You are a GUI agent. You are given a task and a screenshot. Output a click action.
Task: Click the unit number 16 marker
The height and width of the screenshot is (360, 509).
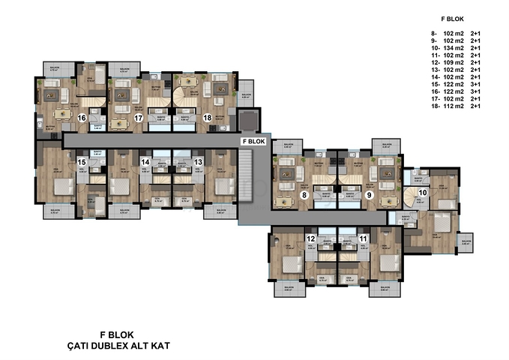(82, 118)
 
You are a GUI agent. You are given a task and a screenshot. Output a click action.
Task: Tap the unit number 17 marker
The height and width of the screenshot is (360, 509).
(138, 118)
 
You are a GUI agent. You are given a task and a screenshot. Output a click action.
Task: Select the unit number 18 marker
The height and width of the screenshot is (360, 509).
(207, 118)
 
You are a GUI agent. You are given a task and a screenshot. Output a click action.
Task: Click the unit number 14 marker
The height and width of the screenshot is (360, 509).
(146, 162)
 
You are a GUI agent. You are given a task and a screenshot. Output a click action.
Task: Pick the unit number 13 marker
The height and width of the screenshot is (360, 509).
(198, 162)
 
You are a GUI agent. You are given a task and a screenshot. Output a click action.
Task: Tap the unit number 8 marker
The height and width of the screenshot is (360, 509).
(304, 195)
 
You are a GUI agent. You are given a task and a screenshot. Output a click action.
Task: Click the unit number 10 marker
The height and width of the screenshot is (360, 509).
(423, 193)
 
